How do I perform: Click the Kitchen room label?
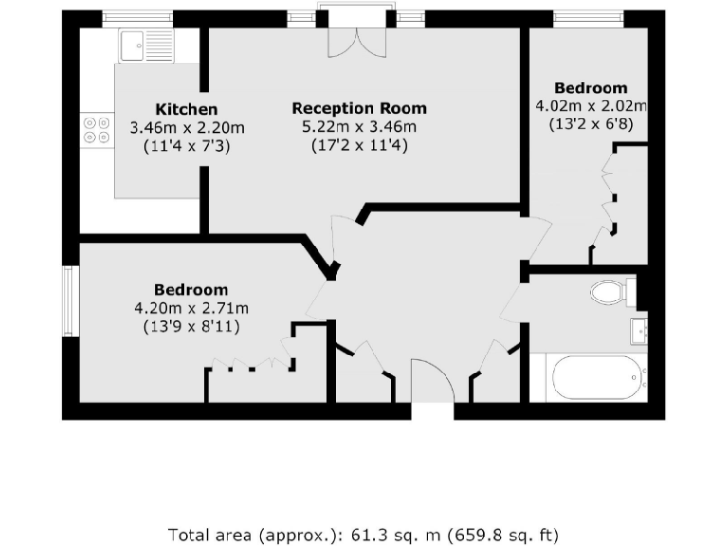click(187, 109)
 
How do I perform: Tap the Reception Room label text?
click(358, 108)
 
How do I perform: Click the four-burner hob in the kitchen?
click(96, 129)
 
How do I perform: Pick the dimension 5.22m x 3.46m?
click(358, 127)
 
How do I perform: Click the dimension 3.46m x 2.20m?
click(187, 128)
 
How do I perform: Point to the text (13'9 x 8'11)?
click(191, 326)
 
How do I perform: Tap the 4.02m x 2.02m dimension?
click(591, 106)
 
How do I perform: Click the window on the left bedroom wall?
click(69, 300)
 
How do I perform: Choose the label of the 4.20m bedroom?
click(191, 290)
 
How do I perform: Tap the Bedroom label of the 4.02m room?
click(591, 88)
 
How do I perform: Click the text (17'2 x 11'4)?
click(358, 146)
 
